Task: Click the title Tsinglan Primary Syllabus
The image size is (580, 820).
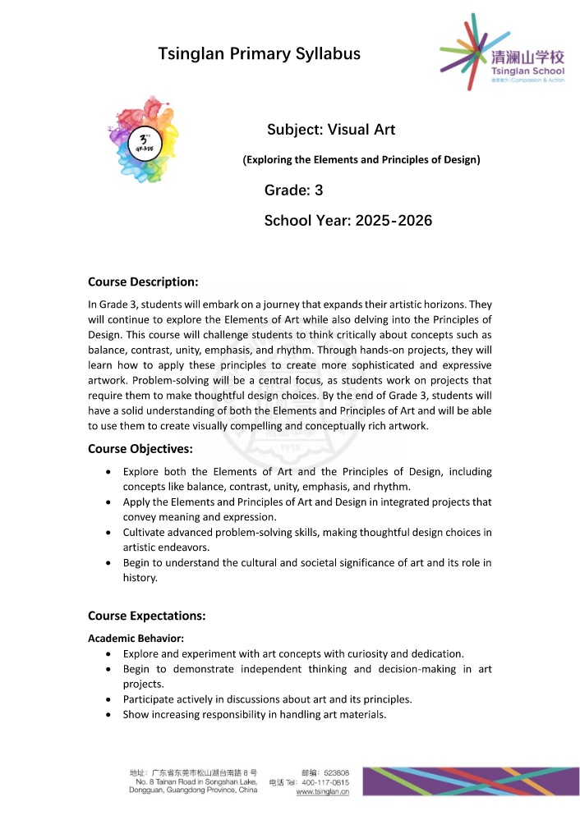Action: (260, 54)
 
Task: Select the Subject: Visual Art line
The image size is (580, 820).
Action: (331, 130)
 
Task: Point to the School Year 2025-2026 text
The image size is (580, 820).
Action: (348, 220)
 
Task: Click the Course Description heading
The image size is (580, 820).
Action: (143, 282)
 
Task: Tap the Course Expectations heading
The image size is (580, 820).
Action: (146, 616)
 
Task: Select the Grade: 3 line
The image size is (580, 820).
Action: (293, 190)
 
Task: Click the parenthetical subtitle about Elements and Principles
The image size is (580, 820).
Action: (361, 159)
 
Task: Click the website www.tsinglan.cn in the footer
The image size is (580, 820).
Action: (322, 792)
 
